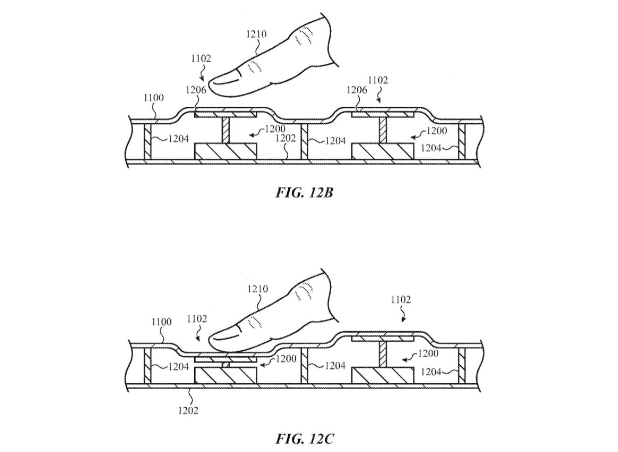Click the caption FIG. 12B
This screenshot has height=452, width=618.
(x=304, y=192)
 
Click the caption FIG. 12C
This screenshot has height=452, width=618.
(x=304, y=439)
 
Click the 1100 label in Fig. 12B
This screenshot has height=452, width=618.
(x=154, y=98)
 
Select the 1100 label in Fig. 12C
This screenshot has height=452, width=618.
(x=161, y=322)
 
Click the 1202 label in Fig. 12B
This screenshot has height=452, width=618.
(x=285, y=139)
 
